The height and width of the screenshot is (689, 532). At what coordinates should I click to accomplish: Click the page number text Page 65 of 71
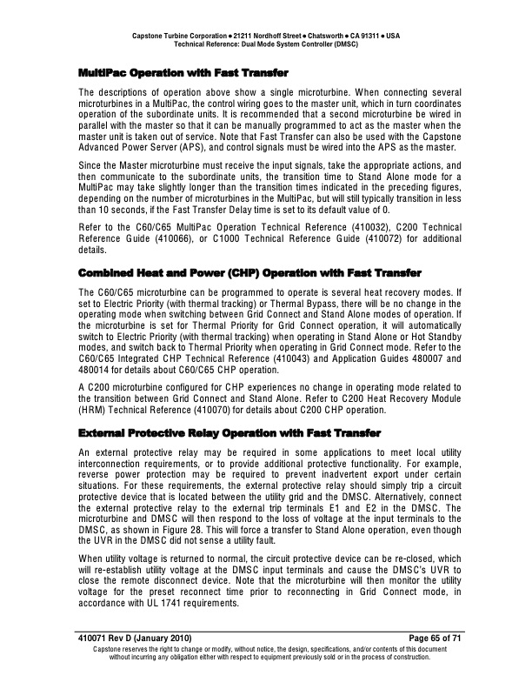coord(416,640)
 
